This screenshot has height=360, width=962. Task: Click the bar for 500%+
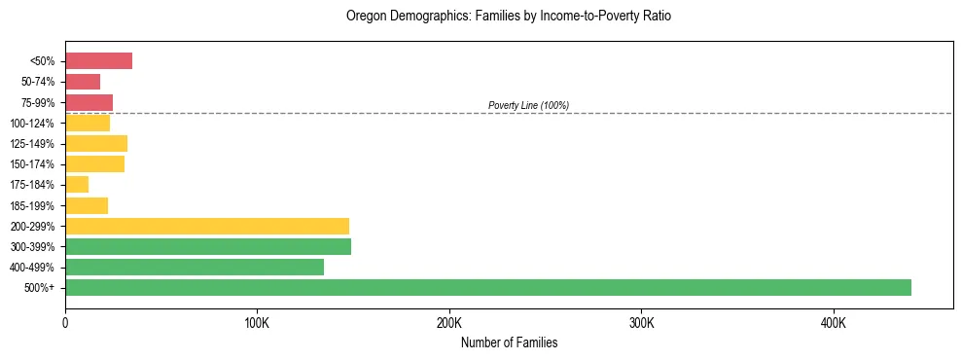(x=487, y=287)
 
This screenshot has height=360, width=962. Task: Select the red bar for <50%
(x=98, y=61)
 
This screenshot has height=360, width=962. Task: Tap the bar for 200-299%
(x=206, y=226)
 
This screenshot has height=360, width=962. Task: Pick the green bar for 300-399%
(x=207, y=246)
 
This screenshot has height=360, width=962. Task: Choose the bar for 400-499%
(x=194, y=267)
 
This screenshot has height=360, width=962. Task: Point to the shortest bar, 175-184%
(x=77, y=185)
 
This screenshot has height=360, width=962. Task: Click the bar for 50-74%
(x=83, y=82)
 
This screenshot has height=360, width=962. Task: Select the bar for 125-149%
(x=96, y=143)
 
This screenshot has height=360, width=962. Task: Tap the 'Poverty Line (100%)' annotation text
(x=528, y=105)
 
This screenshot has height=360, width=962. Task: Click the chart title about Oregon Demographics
(x=509, y=17)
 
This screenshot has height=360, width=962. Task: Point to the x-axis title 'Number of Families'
(x=509, y=343)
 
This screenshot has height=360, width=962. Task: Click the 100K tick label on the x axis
(x=257, y=322)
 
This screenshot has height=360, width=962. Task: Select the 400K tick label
(x=834, y=322)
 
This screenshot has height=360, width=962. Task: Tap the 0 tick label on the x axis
(x=65, y=322)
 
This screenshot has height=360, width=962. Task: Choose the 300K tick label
(x=641, y=322)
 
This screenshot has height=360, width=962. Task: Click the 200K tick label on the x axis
(x=449, y=322)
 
